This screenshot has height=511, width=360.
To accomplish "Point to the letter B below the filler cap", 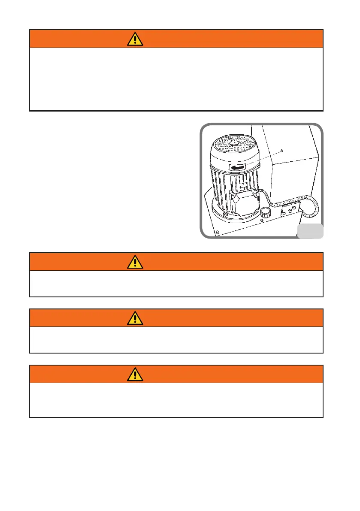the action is pos(262,221).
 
